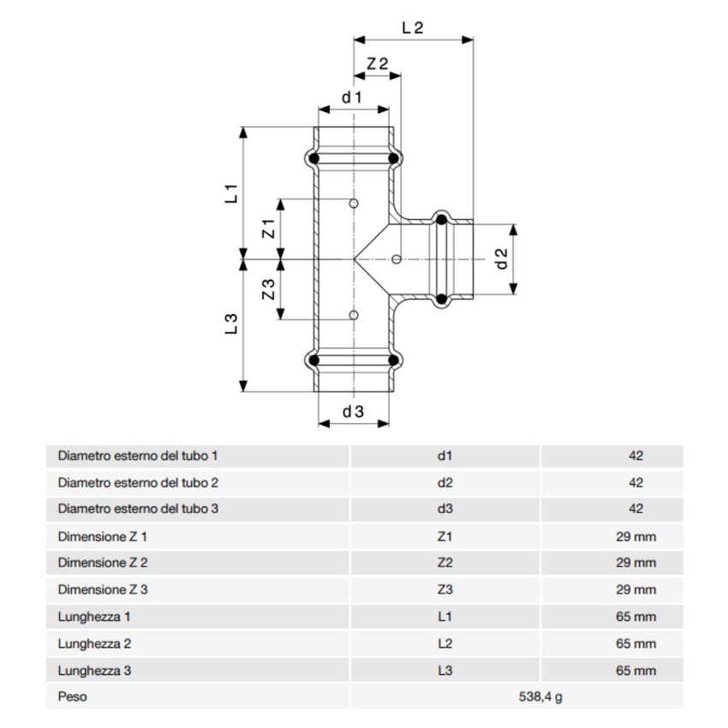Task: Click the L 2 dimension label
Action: [413, 27]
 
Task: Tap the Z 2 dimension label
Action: [377, 63]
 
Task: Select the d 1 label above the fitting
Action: [353, 97]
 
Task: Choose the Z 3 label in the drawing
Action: [267, 289]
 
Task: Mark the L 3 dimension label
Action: [231, 324]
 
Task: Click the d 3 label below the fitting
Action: [353, 411]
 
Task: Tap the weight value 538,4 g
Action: [541, 696]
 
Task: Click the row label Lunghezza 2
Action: [93, 643]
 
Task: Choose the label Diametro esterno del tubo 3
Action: [138, 509]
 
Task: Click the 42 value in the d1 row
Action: [636, 456]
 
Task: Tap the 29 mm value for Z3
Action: [636, 590]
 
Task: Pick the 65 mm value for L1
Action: [636, 617]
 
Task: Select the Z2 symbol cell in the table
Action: [445, 564]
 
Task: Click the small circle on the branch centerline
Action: [396, 259]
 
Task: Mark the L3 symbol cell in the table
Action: [445, 670]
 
